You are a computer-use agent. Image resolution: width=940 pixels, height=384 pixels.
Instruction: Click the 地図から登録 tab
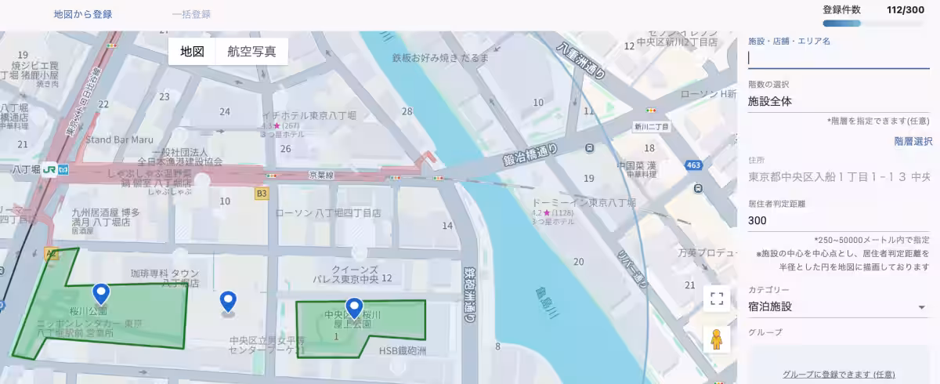click(x=82, y=14)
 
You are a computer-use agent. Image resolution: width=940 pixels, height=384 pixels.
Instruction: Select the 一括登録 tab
click(x=191, y=14)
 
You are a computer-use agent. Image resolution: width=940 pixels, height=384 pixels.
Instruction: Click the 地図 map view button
click(x=192, y=52)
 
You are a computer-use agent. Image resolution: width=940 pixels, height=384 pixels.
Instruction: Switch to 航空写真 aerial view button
click(x=251, y=52)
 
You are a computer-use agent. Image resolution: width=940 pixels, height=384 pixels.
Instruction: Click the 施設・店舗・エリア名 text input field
click(x=839, y=58)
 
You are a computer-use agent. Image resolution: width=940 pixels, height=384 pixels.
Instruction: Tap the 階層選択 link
click(x=913, y=141)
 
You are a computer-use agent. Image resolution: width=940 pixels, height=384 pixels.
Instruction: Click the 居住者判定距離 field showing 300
click(x=839, y=221)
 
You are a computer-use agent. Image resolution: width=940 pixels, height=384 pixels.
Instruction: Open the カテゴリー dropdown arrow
click(x=922, y=306)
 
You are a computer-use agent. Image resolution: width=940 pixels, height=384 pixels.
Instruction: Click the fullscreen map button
click(x=716, y=298)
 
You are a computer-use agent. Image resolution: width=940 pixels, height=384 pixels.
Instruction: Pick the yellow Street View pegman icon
click(x=716, y=339)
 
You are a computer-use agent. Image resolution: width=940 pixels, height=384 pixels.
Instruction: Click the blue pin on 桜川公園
click(x=100, y=294)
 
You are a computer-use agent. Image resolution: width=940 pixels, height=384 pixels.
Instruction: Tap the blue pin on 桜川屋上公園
click(x=355, y=307)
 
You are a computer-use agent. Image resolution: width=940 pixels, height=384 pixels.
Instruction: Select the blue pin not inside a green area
click(x=228, y=301)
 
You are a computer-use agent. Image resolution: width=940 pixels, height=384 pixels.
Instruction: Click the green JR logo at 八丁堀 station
click(x=49, y=168)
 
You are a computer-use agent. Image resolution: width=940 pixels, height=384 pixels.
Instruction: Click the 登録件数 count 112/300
click(x=905, y=10)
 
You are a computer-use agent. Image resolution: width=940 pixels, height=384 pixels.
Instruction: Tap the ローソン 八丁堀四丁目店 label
click(x=327, y=212)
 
